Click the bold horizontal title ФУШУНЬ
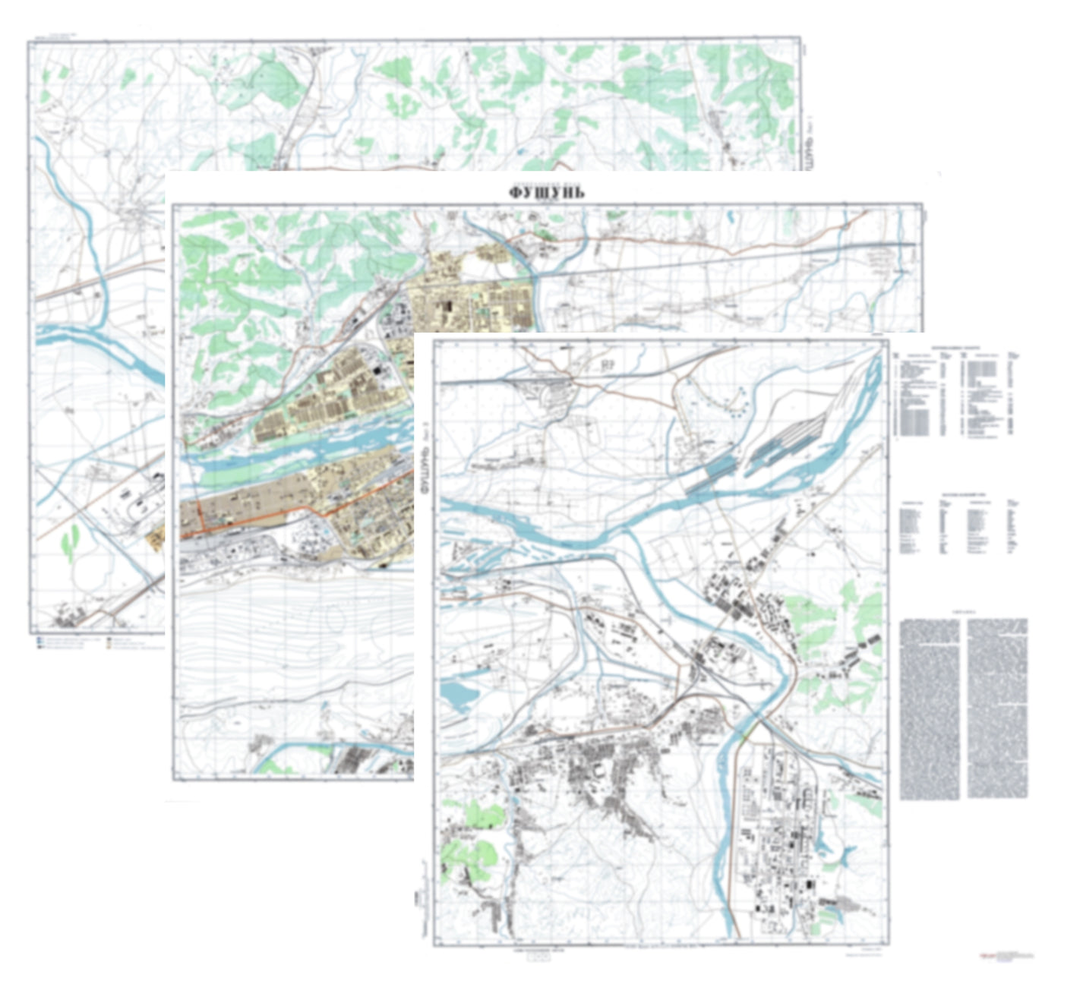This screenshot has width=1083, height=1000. (x=547, y=192)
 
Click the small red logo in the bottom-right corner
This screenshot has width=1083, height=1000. (x=1007, y=956)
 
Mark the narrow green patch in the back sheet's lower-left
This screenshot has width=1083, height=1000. (x=71, y=541)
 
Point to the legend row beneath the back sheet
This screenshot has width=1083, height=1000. (x=99, y=643)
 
